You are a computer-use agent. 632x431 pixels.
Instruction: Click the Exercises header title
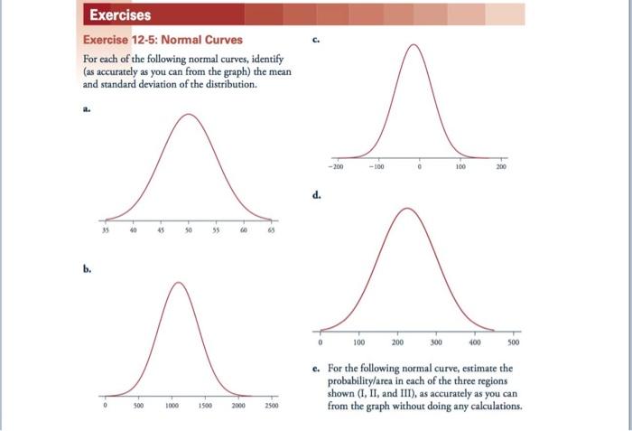[x=119, y=14]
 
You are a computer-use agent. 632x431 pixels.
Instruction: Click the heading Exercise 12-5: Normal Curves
[x=163, y=40]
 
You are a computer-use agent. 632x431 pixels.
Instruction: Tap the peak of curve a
[x=188, y=115]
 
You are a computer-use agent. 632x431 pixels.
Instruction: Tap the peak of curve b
[x=178, y=283]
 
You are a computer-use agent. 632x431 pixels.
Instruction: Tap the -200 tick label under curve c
[x=336, y=167]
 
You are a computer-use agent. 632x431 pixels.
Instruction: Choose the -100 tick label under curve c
[x=376, y=167]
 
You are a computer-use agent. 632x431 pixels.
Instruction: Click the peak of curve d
[x=406, y=209]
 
